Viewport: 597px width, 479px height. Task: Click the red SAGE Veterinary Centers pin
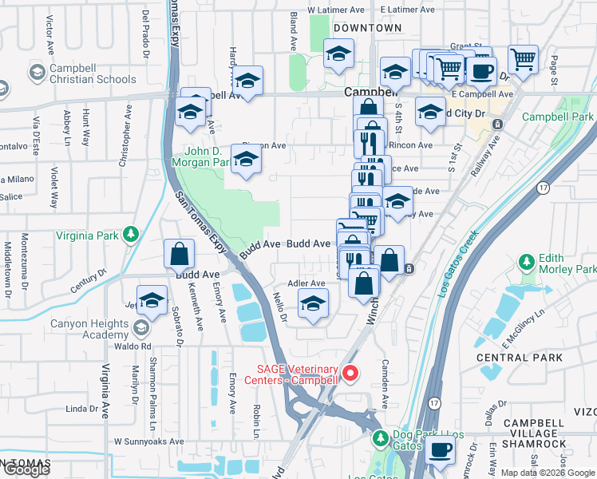(350, 373)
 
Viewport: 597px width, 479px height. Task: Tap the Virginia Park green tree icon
(128, 235)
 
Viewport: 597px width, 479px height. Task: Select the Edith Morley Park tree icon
(526, 262)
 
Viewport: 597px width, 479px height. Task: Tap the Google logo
(26, 469)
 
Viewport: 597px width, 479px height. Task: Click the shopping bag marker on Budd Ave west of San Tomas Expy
(180, 254)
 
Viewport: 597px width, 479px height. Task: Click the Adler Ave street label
(306, 283)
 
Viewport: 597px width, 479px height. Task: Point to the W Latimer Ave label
(330, 10)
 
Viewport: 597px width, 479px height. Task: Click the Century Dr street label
(87, 284)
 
